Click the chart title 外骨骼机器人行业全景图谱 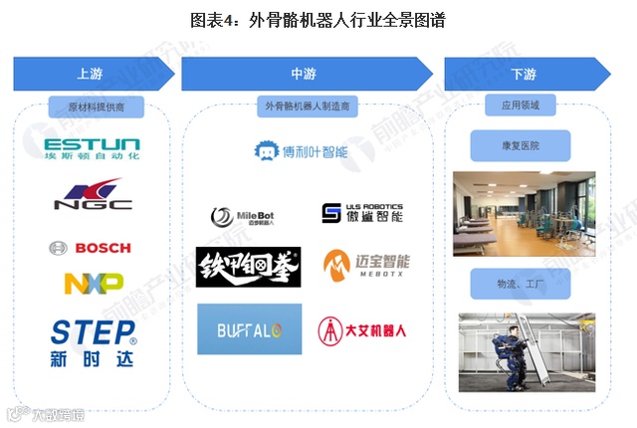[318, 18]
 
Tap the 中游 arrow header [304, 74]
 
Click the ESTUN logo [93, 149]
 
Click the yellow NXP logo [94, 283]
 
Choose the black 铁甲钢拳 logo [249, 268]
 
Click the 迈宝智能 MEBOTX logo [366, 266]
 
